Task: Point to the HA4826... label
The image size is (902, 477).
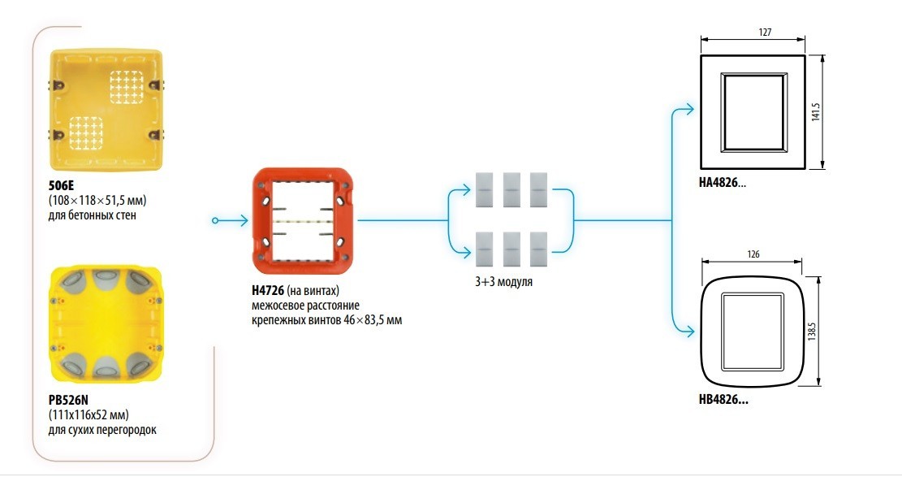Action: point(722,184)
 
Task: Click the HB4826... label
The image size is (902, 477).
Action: point(722,401)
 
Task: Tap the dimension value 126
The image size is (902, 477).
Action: point(753,254)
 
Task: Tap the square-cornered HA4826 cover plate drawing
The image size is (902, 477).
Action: point(753,112)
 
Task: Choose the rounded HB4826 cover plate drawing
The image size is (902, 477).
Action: point(753,334)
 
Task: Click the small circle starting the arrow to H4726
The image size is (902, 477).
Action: point(214,220)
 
